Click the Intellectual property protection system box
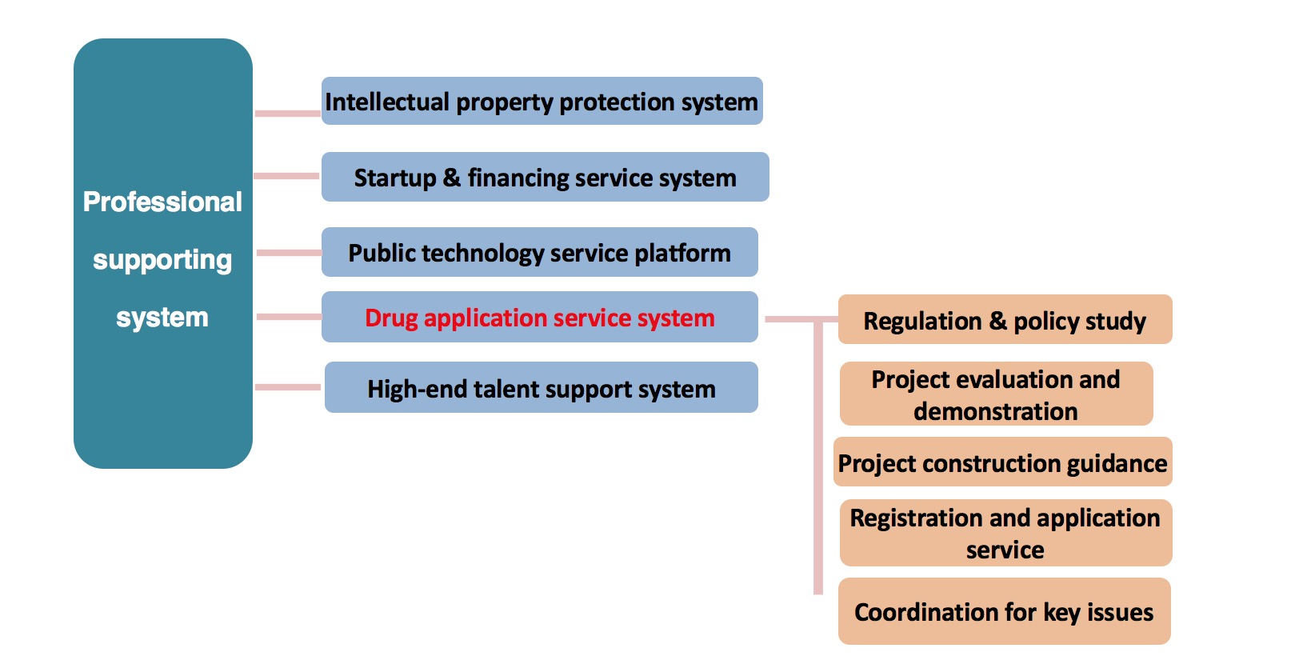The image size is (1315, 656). click(542, 101)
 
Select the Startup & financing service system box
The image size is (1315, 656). click(546, 177)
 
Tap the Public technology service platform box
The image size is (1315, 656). click(539, 252)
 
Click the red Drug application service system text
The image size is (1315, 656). click(539, 318)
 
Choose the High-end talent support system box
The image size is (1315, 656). click(542, 387)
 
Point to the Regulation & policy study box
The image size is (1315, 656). click(1005, 319)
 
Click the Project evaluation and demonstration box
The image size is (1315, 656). click(996, 394)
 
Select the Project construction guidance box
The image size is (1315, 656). click(1003, 462)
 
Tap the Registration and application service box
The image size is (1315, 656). click(1005, 533)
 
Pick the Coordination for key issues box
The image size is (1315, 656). click(1005, 611)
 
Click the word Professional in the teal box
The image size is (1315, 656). click(162, 202)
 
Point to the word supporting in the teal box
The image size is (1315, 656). click(162, 259)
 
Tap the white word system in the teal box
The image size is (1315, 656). click(162, 317)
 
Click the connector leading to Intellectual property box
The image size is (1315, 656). click(288, 114)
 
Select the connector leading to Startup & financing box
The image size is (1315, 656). click(286, 175)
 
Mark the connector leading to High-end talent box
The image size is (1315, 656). click(288, 387)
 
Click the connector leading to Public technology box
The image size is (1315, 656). click(289, 253)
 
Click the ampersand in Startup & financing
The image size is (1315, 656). click(451, 178)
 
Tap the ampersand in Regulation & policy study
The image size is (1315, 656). click(997, 321)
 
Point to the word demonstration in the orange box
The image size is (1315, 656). click(996, 411)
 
